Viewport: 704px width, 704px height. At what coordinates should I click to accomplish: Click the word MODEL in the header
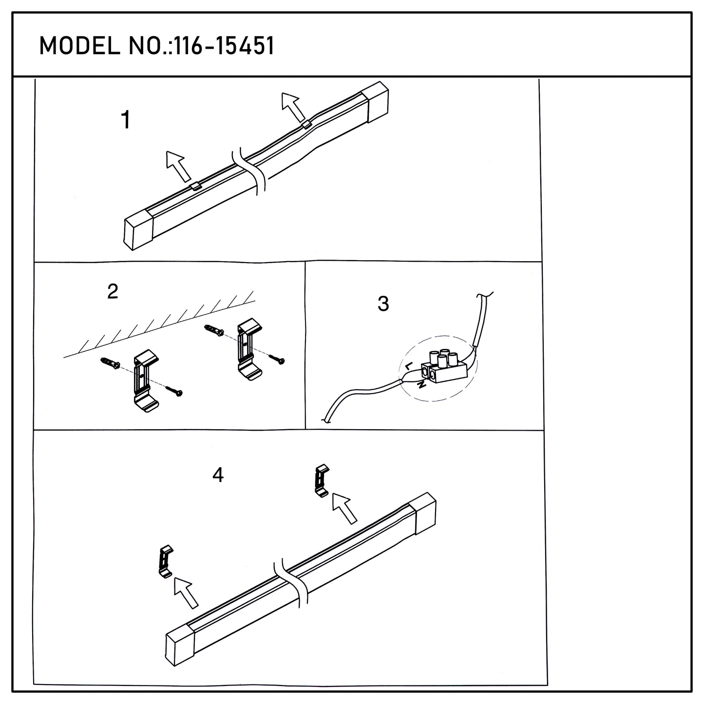[x=79, y=46]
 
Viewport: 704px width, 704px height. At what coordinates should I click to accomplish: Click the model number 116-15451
[x=225, y=46]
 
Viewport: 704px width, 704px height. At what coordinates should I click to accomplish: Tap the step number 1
[x=126, y=120]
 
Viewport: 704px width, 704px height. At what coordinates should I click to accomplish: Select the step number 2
[x=113, y=291]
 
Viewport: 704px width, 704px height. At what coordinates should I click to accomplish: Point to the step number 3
[x=383, y=304]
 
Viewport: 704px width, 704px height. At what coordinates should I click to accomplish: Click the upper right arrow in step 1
[x=293, y=107]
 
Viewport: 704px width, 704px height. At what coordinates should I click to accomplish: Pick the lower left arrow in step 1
[x=178, y=166]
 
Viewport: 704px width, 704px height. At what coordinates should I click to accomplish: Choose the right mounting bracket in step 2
[x=249, y=349]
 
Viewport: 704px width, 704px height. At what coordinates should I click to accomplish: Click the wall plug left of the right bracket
[x=214, y=331]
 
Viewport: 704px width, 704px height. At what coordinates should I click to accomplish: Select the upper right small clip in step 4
[x=322, y=480]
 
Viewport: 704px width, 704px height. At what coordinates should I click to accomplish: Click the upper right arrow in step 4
[x=344, y=508]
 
